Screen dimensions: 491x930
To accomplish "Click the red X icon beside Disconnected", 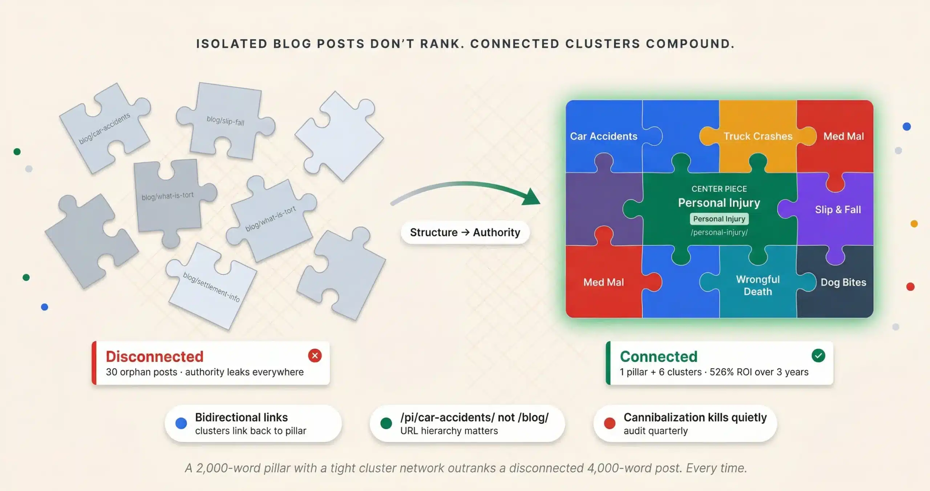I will [x=315, y=356].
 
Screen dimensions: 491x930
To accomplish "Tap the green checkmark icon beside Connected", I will [x=818, y=356].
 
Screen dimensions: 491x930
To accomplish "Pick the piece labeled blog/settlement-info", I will [x=211, y=287].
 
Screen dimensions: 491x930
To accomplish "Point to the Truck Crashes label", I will [x=758, y=136].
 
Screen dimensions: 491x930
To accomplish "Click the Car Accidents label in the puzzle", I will [x=603, y=136].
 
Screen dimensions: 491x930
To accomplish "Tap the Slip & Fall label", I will [x=838, y=210].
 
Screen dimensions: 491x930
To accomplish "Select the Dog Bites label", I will [x=843, y=282].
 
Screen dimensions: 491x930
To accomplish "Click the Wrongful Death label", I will [x=758, y=285].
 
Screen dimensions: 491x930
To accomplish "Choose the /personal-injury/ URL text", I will [x=719, y=232].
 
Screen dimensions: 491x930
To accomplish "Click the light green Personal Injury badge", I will [x=719, y=219].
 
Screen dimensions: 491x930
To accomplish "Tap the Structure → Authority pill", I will [x=465, y=232].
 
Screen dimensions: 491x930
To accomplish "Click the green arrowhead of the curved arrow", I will [x=531, y=198].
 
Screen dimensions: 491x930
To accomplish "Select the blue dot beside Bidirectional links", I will [x=181, y=423].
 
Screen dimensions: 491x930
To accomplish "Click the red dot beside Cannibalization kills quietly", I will [x=609, y=423].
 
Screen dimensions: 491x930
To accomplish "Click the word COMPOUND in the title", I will [x=689, y=44].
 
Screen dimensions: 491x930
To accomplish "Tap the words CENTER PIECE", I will [x=719, y=189].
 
